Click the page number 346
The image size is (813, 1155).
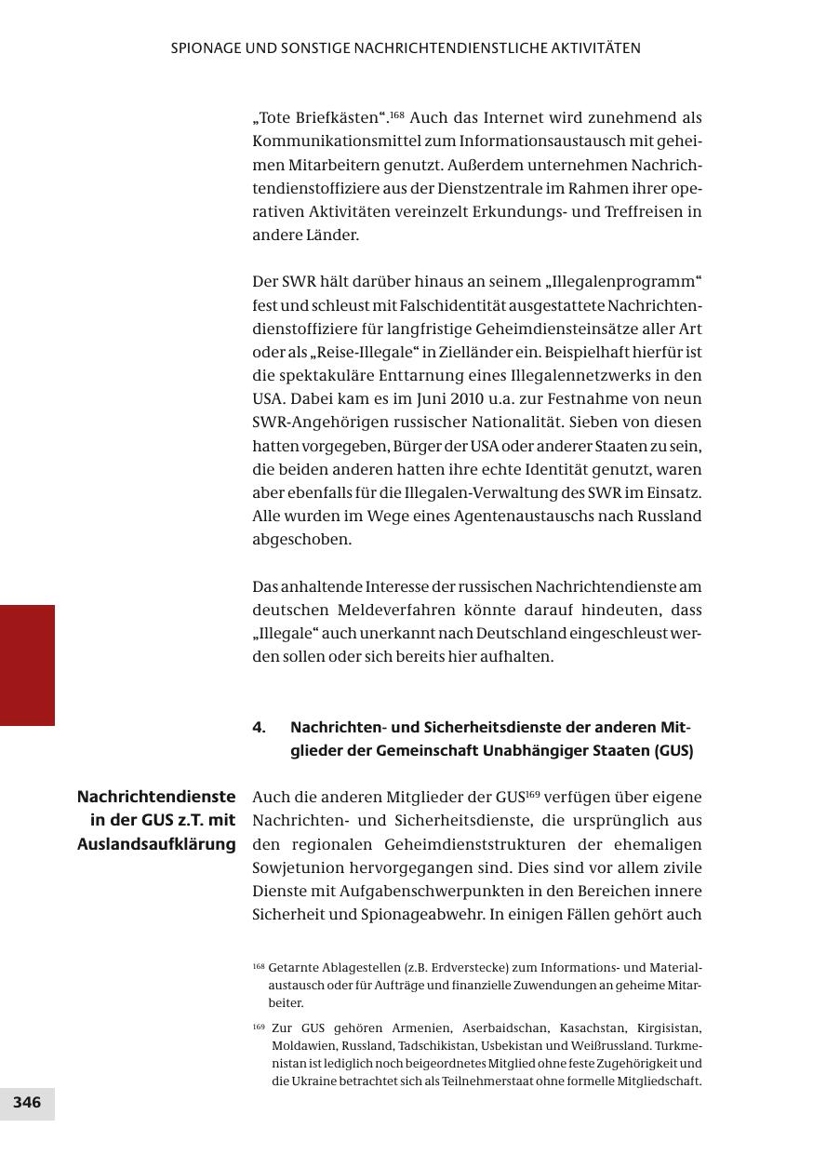pyautogui.click(x=27, y=1103)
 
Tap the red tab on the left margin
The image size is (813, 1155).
pyautogui.click(x=27, y=665)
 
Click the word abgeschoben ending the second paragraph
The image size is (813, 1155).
pyautogui.click(x=288, y=540)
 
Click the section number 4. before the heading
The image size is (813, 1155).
pyautogui.click(x=259, y=728)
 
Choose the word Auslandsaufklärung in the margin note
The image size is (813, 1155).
pyautogui.click(x=156, y=844)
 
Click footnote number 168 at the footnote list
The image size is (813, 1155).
pyautogui.click(x=259, y=967)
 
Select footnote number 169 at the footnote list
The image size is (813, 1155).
pyautogui.click(x=259, y=1027)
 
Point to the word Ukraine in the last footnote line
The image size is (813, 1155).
pyautogui.click(x=317, y=1081)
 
